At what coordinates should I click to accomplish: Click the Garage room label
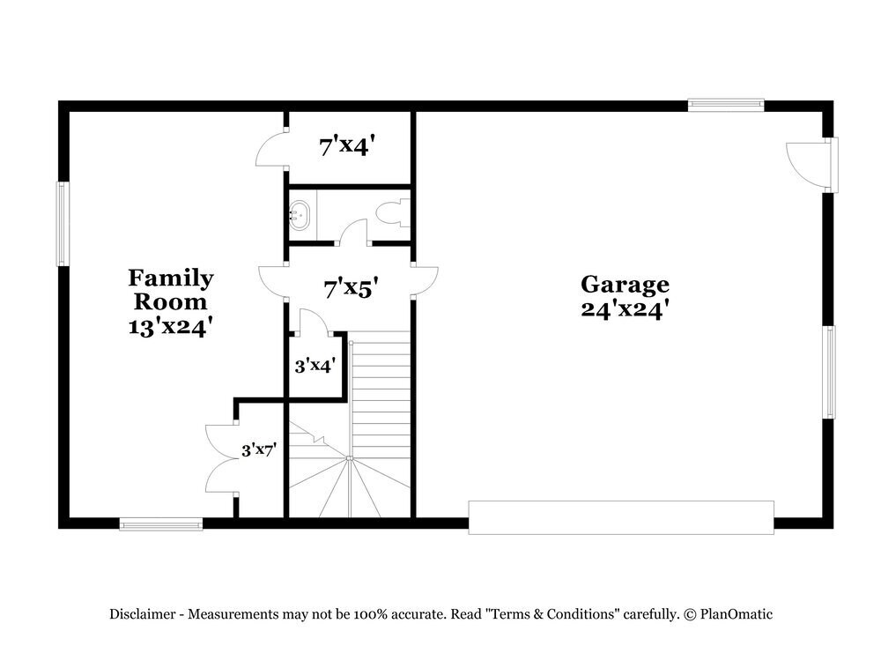click(624, 285)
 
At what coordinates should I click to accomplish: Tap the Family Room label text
click(171, 290)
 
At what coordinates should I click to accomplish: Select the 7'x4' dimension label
click(352, 146)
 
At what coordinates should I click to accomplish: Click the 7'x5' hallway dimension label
click(351, 288)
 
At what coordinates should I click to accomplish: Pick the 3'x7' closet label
click(260, 449)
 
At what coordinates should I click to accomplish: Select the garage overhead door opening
click(621, 517)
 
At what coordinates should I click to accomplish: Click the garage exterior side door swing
click(806, 165)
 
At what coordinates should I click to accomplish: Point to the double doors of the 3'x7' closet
click(220, 458)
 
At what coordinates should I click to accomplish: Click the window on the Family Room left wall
click(63, 223)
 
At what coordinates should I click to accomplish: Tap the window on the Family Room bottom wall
click(161, 524)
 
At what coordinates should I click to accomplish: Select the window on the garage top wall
click(726, 105)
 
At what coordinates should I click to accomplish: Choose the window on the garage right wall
click(829, 372)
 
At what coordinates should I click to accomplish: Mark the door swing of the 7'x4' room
click(270, 150)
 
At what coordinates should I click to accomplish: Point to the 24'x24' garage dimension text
click(624, 308)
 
